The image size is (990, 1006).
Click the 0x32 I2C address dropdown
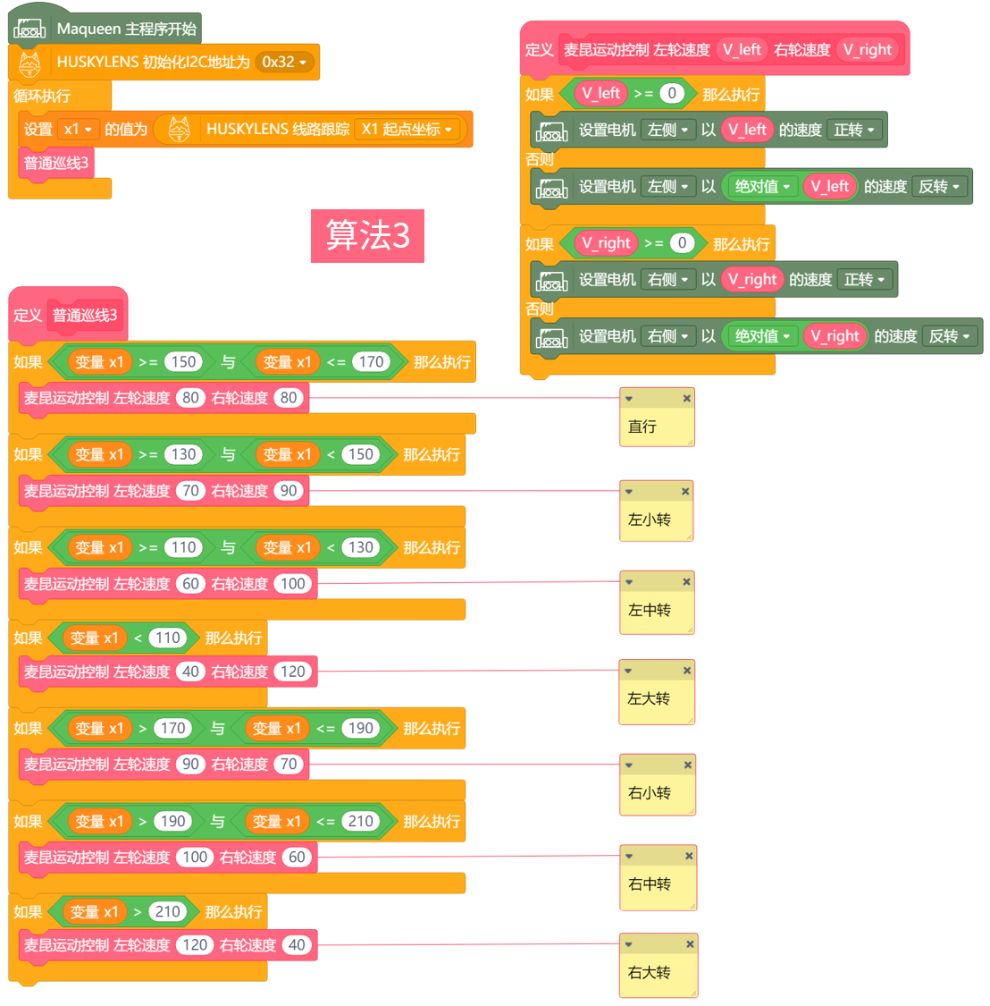coord(284,62)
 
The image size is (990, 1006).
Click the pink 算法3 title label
coord(367,235)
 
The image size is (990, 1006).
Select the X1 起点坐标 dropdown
coord(407,129)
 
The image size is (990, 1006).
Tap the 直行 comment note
coord(656,426)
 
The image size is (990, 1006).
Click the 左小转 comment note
coord(656,519)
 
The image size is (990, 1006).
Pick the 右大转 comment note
coord(657,972)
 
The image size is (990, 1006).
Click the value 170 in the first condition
coord(371,362)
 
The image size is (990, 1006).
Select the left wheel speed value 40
coord(190,672)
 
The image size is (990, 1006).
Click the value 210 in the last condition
coord(168,911)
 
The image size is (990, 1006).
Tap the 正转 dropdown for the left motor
coord(855,130)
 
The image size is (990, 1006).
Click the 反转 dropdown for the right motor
coord(950,336)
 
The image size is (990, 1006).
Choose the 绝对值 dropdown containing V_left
coord(762,186)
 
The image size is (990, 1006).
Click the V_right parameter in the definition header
coord(868,50)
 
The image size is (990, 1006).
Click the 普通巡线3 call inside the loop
coord(56,163)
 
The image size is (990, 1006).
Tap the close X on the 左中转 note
coord(686,582)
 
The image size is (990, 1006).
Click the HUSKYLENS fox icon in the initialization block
coord(29,63)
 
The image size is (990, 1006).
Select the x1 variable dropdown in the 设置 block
coord(78,130)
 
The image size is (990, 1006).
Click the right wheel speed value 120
coord(293,672)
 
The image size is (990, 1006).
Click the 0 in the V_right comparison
coord(682,243)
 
